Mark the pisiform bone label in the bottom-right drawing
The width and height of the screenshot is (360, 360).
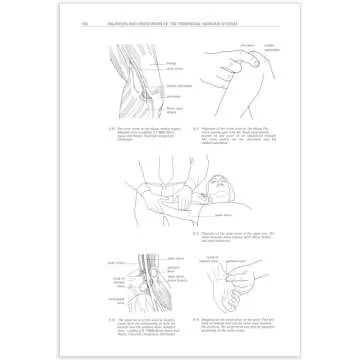click(235, 260)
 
